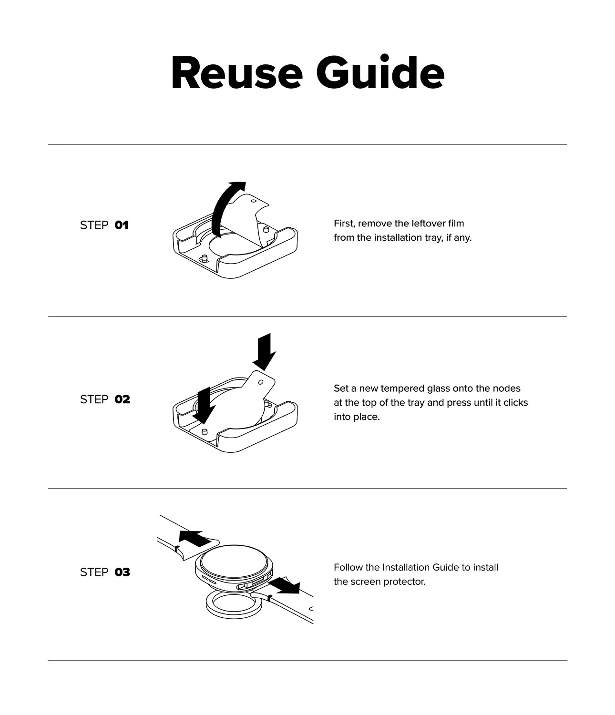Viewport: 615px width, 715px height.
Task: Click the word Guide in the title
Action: (x=380, y=72)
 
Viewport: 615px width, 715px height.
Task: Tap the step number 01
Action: (x=122, y=225)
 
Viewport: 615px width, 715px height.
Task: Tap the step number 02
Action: (x=122, y=399)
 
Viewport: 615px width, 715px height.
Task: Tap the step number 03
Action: (x=122, y=572)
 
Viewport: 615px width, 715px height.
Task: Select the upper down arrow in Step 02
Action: (x=265, y=351)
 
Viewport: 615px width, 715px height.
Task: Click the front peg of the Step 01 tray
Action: (x=204, y=258)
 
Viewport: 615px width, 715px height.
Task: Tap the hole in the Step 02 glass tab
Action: (x=261, y=382)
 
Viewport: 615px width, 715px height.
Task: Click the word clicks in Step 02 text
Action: (x=516, y=403)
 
